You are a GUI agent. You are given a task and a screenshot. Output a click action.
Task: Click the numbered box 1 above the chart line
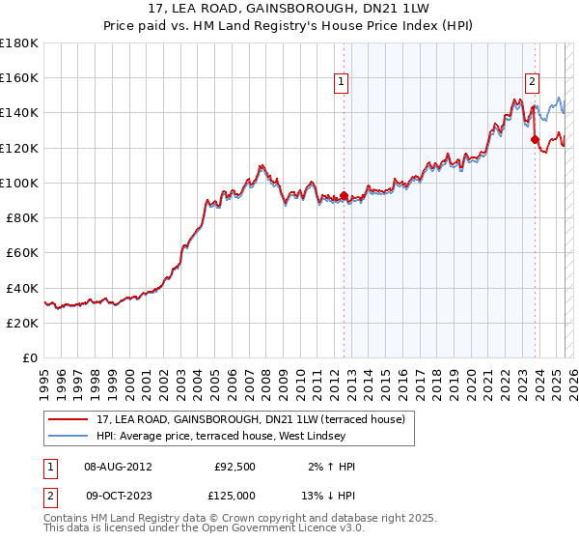pyautogui.click(x=343, y=84)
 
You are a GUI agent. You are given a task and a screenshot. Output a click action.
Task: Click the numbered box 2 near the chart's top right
pyautogui.click(x=532, y=84)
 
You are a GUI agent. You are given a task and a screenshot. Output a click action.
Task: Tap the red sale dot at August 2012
pyautogui.click(x=344, y=196)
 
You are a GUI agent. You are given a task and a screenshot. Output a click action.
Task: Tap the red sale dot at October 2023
pyautogui.click(x=535, y=139)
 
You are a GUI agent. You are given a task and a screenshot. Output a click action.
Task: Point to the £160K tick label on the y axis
pyautogui.click(x=19, y=77)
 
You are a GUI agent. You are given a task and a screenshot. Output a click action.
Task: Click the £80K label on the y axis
pyautogui.click(x=22, y=217)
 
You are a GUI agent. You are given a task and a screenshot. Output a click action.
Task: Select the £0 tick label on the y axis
pyautogui.click(x=30, y=357)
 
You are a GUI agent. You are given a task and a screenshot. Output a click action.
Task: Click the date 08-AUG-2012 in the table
pyautogui.click(x=118, y=467)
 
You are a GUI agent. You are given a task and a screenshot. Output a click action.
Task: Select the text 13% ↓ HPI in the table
pyautogui.click(x=326, y=496)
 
